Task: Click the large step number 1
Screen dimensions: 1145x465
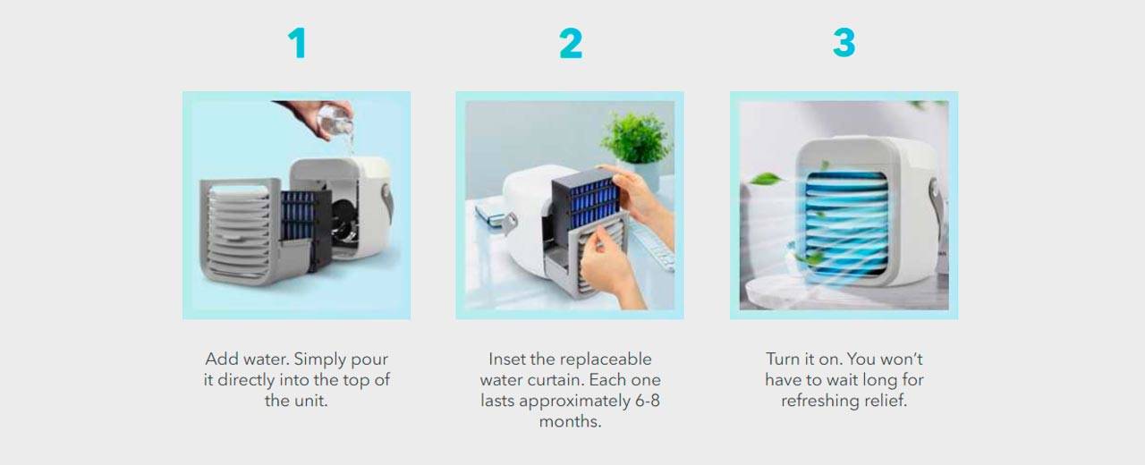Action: tap(298, 44)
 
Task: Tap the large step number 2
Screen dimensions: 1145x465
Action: tap(571, 44)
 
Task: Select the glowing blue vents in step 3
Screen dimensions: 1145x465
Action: tap(846, 224)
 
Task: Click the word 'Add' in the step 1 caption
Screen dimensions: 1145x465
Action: tap(222, 359)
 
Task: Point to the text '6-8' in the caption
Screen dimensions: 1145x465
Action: tap(647, 401)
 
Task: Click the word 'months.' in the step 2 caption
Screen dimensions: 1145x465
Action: tap(570, 421)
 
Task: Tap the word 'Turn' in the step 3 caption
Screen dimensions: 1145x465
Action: tap(783, 359)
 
